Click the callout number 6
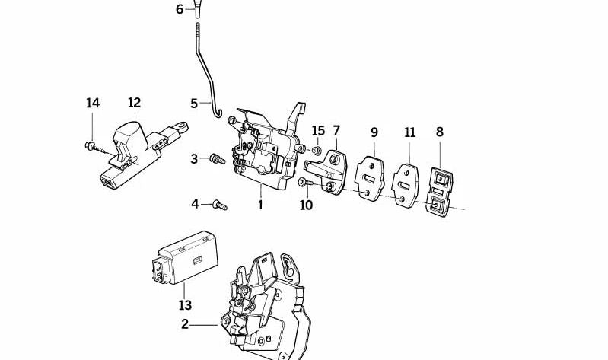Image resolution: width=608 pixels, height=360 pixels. tap(180, 9)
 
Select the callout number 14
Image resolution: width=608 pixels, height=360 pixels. tap(93, 103)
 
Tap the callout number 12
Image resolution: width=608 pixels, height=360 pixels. tap(134, 103)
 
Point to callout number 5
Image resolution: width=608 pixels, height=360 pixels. tap(193, 103)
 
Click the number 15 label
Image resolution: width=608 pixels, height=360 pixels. tap(318, 131)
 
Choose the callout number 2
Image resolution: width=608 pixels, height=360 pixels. tap(184, 324)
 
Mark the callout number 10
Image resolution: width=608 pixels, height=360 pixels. tap(306, 205)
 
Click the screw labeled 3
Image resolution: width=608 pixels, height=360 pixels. tap(216, 159)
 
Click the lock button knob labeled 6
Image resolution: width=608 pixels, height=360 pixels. tap(197, 8)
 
